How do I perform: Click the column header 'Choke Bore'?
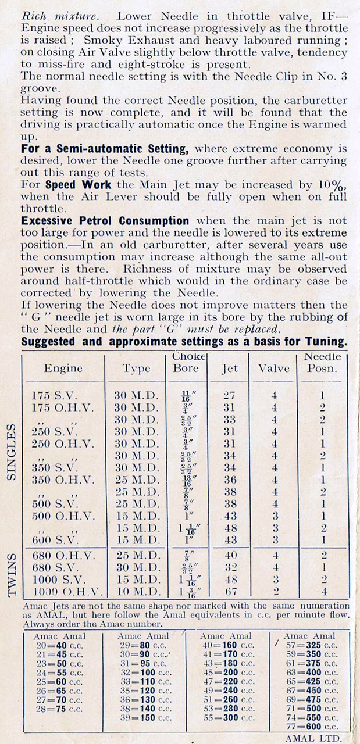(x=186, y=362)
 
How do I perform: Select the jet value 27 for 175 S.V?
(x=229, y=395)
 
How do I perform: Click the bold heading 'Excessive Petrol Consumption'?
(x=105, y=221)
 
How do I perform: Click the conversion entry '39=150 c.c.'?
(x=144, y=717)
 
